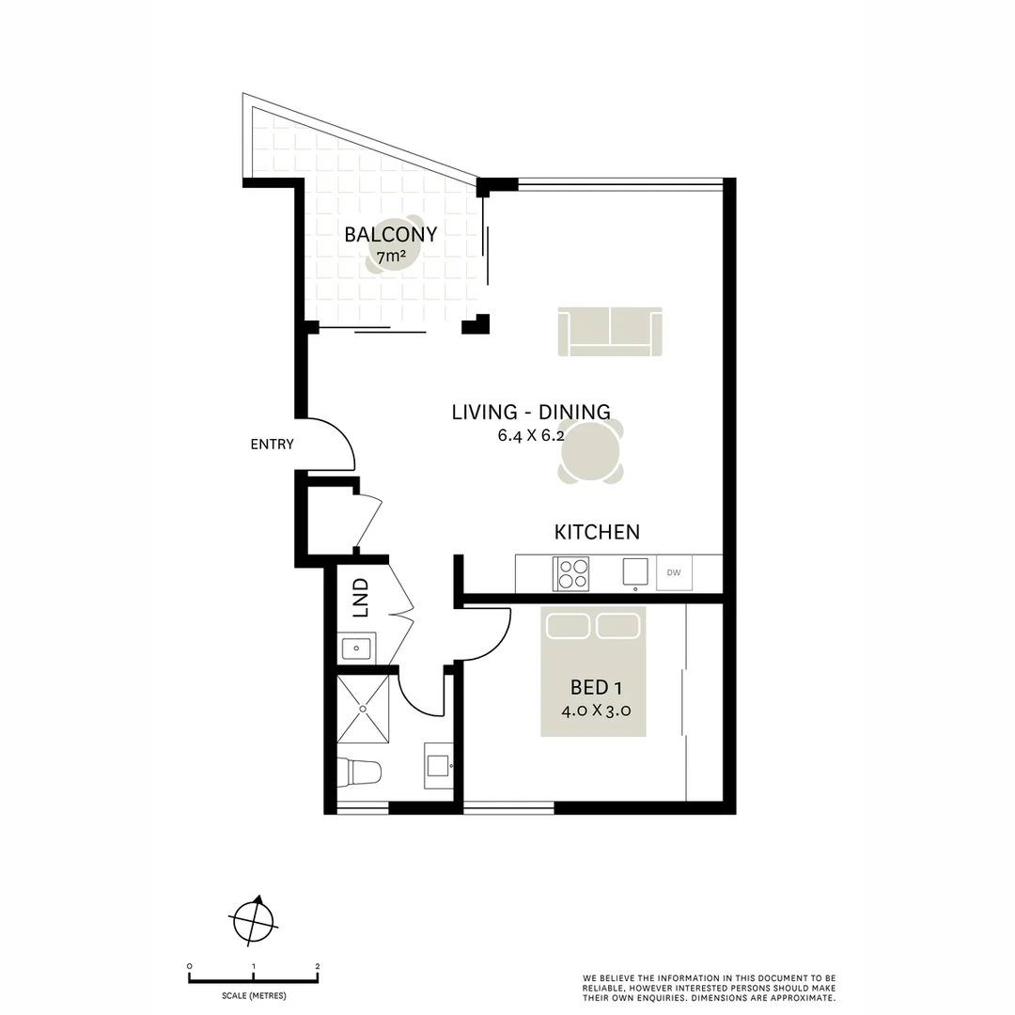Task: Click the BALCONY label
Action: click(390, 235)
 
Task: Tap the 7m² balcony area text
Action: click(391, 256)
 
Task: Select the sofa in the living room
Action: click(610, 332)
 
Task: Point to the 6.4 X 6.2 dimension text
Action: click(532, 435)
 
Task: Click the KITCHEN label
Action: click(597, 532)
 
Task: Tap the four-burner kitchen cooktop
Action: click(570, 573)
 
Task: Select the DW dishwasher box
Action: click(674, 572)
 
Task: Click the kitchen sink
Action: click(635, 571)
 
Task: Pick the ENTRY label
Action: click(272, 445)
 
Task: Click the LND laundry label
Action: click(360, 598)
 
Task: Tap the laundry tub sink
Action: click(357, 648)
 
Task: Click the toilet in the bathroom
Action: click(360, 773)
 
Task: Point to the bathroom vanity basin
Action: click(439, 763)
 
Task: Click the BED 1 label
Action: click(595, 687)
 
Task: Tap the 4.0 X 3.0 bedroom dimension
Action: click(595, 710)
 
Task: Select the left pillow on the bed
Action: click(567, 625)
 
